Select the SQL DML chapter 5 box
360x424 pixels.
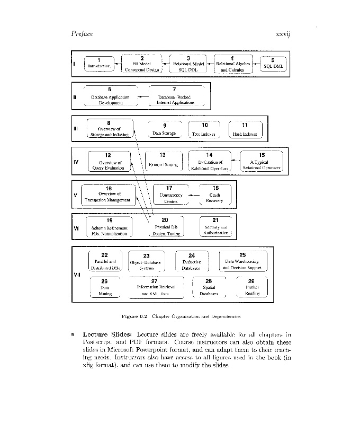coord(273,64)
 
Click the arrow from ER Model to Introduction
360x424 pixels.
coord(116,64)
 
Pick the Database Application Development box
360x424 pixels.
coord(110,96)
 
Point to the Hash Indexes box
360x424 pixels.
coord(245,130)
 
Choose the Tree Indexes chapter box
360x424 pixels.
coord(204,130)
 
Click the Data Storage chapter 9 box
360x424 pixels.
coord(165,130)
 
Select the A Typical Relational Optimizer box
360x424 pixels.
coord(262,162)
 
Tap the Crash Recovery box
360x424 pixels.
coord(215,195)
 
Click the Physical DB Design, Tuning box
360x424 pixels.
coord(165,227)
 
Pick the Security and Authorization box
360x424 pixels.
coord(215,227)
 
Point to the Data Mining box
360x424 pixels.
coord(105,288)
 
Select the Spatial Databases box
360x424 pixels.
coord(209,288)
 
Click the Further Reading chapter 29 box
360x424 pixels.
coord(251,288)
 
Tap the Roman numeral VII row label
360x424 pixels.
coord(77,275)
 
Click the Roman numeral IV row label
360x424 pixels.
coord(76,162)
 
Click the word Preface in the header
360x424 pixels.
coord(82,34)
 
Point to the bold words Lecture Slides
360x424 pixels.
coord(107,334)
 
